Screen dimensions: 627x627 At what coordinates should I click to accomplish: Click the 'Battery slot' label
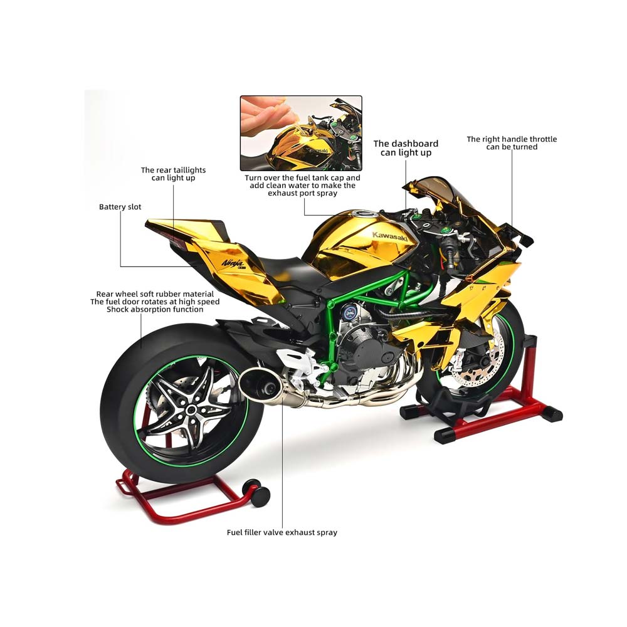[120, 207]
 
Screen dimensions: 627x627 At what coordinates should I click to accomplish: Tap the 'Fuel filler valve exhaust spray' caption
[282, 532]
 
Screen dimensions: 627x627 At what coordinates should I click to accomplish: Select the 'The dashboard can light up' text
[406, 148]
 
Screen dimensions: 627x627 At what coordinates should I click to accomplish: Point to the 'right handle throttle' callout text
[512, 143]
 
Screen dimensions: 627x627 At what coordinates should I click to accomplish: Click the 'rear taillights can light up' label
[173, 174]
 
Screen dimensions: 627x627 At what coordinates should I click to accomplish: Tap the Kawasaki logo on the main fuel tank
[390, 237]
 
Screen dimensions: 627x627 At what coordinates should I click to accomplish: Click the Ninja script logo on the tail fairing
[233, 263]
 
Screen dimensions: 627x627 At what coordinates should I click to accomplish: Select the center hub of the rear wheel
[192, 409]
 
